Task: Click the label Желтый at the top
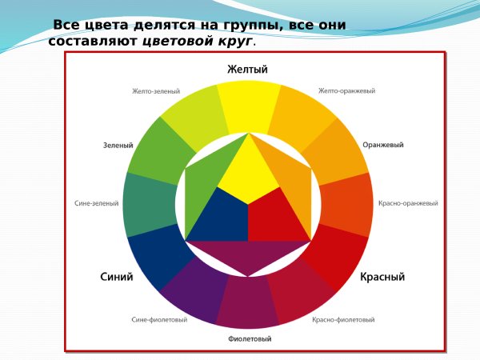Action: coord(247,70)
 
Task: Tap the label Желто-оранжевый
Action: coord(346,91)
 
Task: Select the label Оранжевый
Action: coord(382,146)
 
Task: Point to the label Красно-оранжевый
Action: coord(408,203)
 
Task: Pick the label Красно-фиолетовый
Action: coord(343,320)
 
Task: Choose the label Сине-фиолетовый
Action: coord(159,320)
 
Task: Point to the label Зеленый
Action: coord(118,146)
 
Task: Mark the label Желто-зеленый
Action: coord(156,91)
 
